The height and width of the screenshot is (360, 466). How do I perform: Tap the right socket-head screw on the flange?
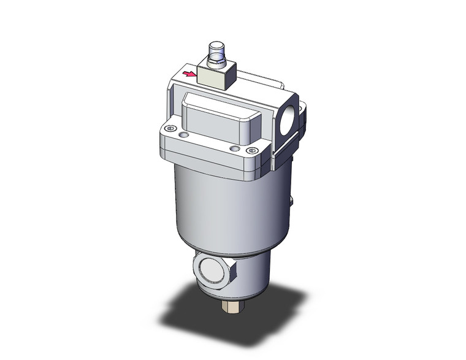(x=249, y=150)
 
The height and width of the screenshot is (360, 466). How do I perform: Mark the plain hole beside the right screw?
(x=233, y=148)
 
